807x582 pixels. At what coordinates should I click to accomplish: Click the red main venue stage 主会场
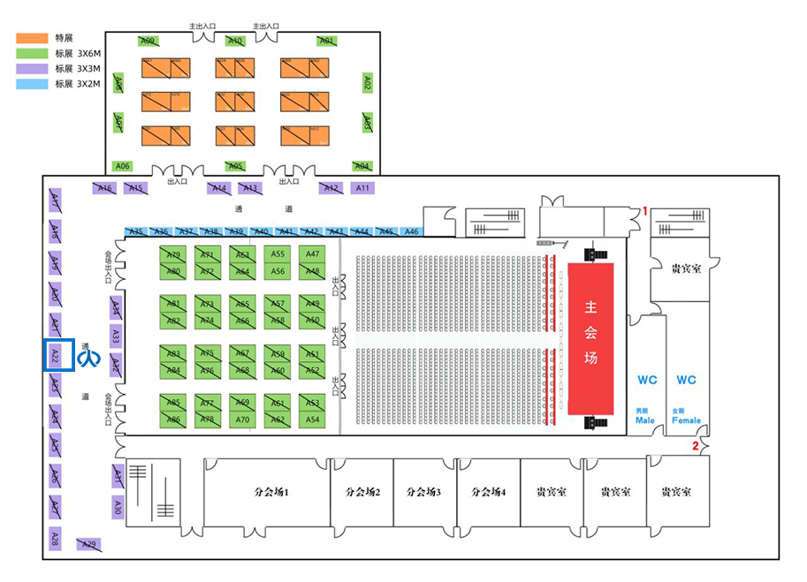590,337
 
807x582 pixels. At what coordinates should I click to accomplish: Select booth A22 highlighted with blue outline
54,356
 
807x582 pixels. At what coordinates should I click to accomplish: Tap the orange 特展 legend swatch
33,39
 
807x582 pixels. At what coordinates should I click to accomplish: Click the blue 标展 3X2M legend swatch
33,84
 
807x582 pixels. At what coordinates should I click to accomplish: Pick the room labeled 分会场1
267,492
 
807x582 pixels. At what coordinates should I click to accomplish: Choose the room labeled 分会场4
489,492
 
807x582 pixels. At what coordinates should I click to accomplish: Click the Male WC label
646,415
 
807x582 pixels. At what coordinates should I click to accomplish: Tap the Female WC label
686,415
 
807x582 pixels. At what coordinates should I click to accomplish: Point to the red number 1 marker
645,211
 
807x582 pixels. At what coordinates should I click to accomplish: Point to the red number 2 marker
696,446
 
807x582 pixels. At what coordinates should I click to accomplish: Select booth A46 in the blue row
411,231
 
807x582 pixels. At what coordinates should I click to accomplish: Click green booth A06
123,166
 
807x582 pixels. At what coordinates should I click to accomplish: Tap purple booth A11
362,188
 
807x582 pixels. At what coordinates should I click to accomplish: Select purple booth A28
54,537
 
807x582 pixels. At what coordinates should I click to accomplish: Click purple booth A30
117,506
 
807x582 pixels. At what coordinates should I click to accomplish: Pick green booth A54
312,419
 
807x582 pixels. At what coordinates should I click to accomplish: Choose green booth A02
368,83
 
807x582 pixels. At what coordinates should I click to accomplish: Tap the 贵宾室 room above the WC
686,268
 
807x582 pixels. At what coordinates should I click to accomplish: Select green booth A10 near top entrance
235,41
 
